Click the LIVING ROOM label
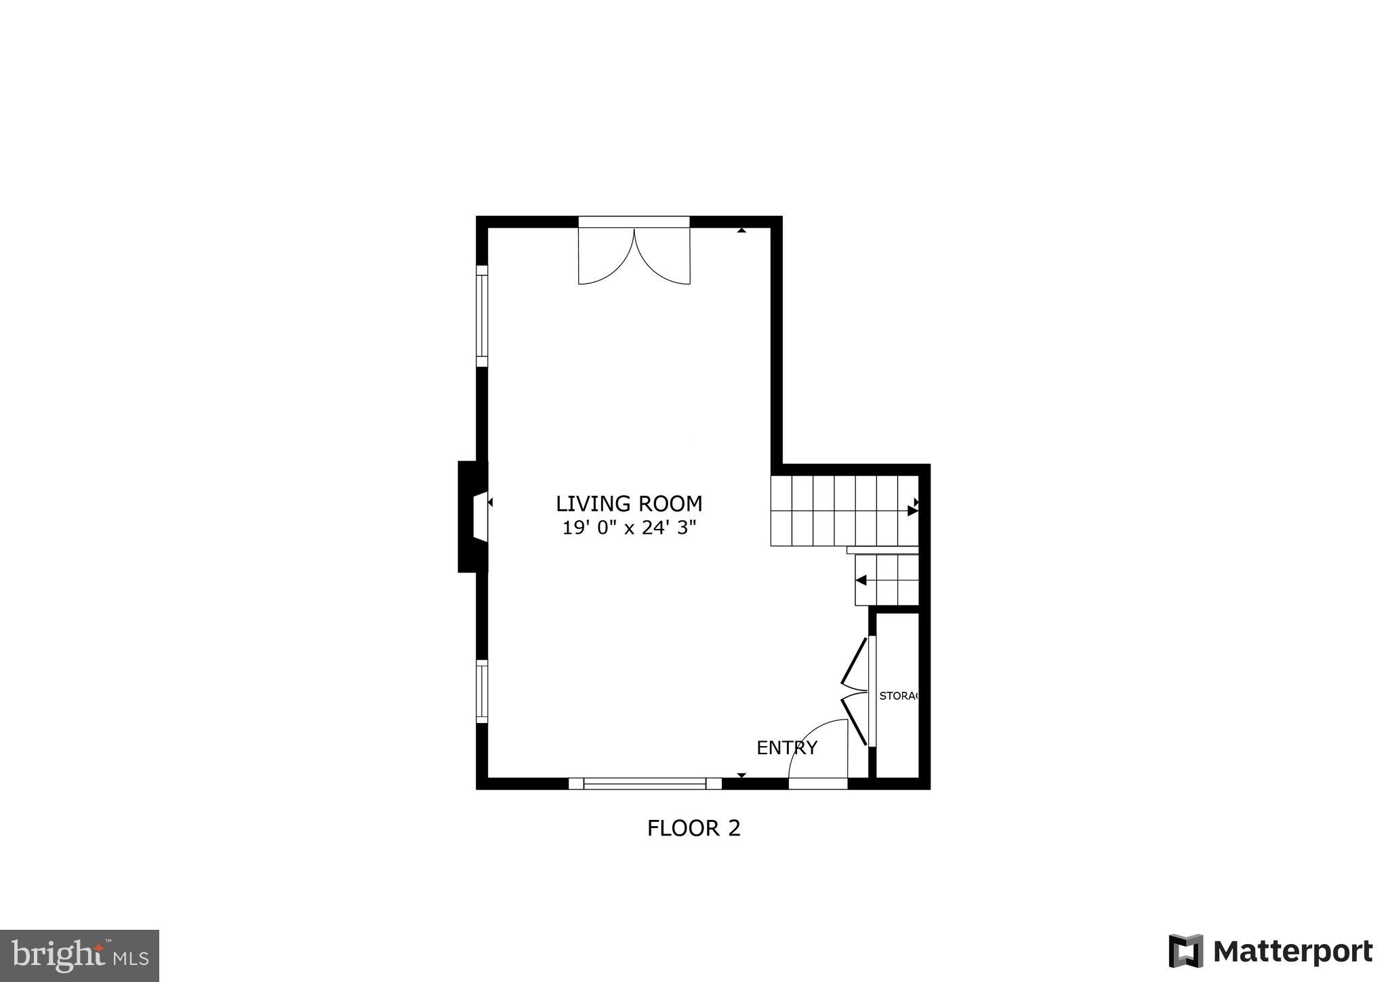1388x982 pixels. (629, 504)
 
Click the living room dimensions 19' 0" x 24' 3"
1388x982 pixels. (629, 528)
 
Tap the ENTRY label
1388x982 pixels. (787, 747)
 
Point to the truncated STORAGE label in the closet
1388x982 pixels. (899, 696)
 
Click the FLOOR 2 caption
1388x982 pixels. (693, 828)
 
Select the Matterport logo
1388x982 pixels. (1271, 951)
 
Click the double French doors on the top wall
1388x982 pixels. (634, 254)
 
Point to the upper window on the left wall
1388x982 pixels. (482, 316)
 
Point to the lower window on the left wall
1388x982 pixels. (482, 692)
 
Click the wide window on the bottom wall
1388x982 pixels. (645, 783)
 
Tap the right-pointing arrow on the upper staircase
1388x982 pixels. (912, 511)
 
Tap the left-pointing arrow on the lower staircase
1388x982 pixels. (861, 581)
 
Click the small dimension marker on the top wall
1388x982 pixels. (741, 231)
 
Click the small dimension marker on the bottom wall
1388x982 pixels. (741, 774)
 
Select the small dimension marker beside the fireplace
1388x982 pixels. (490, 503)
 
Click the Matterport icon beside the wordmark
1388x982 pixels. (1185, 951)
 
